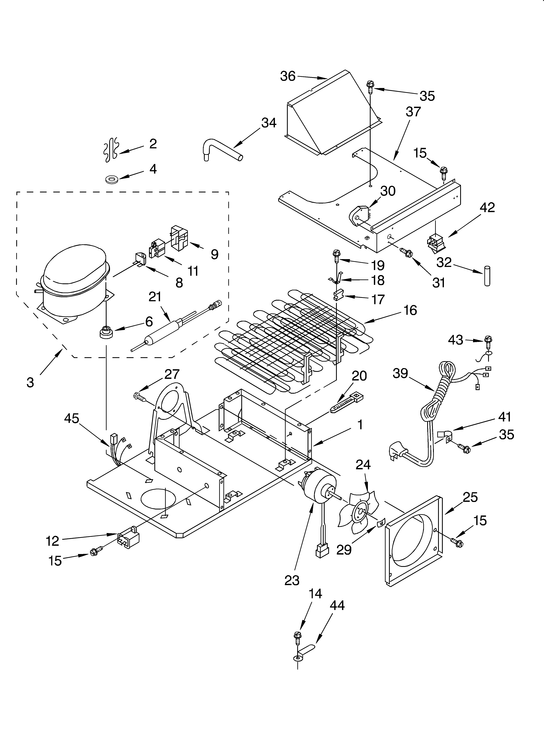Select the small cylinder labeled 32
[x=487, y=275]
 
